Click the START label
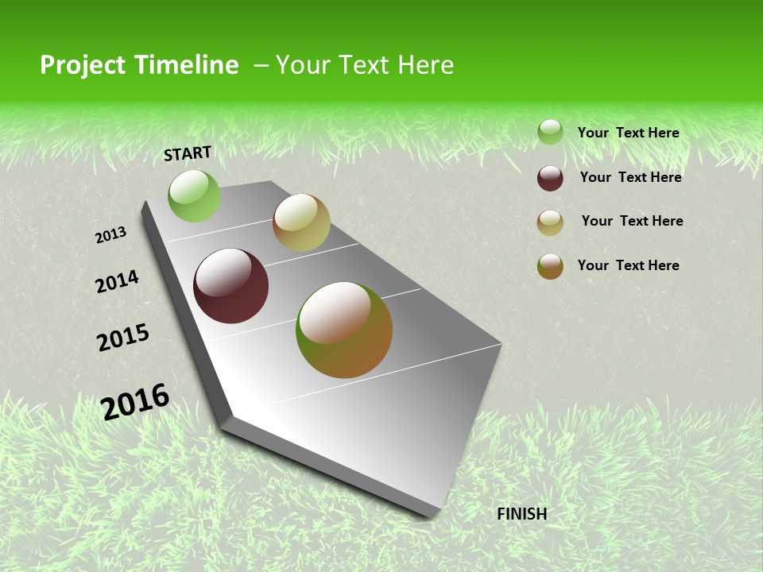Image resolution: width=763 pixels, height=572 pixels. (188, 153)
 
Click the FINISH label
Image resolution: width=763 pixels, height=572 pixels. (521, 514)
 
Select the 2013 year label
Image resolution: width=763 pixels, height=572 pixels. (110, 235)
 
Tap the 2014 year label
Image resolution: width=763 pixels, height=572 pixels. (117, 281)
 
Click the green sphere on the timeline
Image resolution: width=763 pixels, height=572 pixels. (194, 196)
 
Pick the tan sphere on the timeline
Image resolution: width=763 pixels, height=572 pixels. (301, 222)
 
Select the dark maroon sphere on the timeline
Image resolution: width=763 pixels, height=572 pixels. (231, 286)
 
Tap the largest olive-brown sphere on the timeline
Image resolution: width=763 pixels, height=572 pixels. (344, 330)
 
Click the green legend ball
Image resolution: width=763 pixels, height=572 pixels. (550, 132)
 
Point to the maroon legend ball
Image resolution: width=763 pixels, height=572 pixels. (550, 178)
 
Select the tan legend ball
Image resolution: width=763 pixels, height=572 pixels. (550, 222)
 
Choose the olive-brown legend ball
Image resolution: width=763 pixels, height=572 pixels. (550, 266)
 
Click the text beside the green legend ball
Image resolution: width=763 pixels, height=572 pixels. (628, 133)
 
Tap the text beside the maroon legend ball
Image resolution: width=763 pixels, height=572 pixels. (630, 177)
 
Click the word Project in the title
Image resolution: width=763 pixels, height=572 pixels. (82, 65)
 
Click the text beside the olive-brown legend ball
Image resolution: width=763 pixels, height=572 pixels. (628, 265)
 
